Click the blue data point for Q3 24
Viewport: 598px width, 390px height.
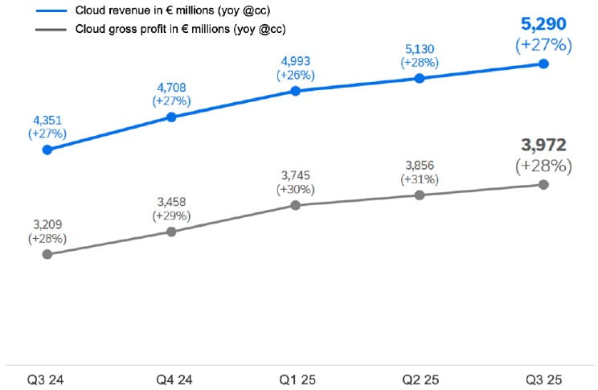[47, 150]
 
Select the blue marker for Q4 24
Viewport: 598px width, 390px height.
[171, 117]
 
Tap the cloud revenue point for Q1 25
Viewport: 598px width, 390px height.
[296, 91]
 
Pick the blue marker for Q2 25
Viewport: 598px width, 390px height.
[420, 78]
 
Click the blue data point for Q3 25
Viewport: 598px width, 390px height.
[543, 64]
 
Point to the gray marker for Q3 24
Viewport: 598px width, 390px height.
[47, 254]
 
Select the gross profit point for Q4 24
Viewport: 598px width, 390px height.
[171, 232]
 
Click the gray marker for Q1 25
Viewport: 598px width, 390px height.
[296, 205]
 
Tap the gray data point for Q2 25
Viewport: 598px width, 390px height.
[420, 195]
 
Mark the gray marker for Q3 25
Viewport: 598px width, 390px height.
[543, 184]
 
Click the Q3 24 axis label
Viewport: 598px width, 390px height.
[47, 377]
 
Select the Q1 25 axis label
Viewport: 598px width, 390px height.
[296, 377]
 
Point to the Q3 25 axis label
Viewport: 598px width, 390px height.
[543, 377]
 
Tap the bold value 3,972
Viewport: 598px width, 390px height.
[543, 146]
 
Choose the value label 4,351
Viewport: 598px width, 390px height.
[47, 118]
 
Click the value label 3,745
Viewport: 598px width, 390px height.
[296, 174]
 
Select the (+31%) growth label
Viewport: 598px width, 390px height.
[420, 179]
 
